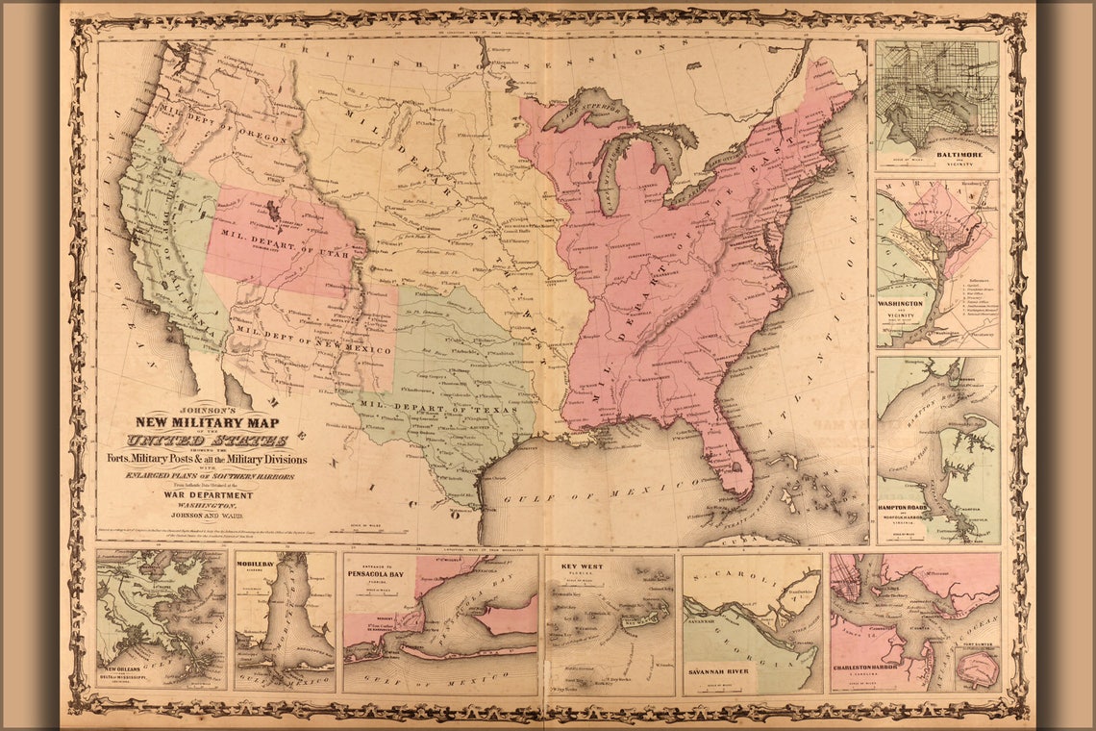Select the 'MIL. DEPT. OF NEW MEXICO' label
click(313, 342)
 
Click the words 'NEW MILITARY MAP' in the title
click(205, 420)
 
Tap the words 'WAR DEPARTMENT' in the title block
click(208, 495)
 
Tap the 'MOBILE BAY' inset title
click(258, 565)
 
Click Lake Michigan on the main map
click(612, 170)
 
